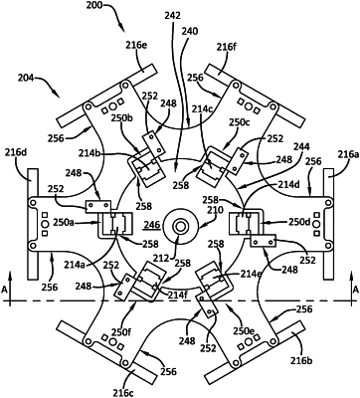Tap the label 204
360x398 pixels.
tap(25, 79)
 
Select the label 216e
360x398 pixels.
tap(135, 45)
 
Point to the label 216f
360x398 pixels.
tap(227, 47)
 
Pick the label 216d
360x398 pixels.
tap(15, 153)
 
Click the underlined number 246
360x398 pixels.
tap(152, 226)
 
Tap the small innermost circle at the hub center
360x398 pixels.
tap(180, 227)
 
